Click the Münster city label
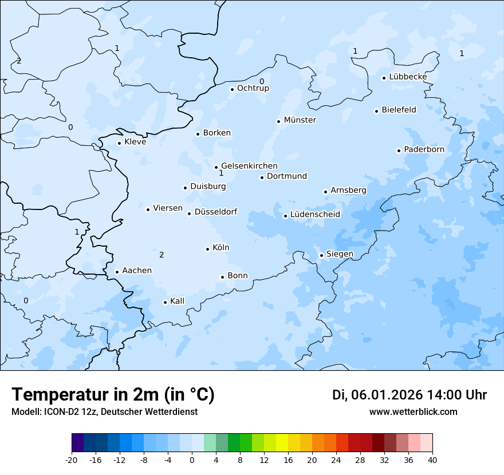tap(300, 120)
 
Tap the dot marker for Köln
tap(207, 249)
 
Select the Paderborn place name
tap(424, 149)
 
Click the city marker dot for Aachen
tap(117, 272)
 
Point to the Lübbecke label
tap(408, 77)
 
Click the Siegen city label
tap(340, 254)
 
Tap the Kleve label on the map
tap(135, 142)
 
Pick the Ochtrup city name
tap(253, 88)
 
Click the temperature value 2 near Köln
tap(162, 255)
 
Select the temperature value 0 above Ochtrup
tap(262, 81)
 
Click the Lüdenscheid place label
tap(315, 215)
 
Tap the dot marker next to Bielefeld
tap(377, 111)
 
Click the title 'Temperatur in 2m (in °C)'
tap(113, 395)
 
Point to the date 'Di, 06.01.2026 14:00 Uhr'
tap(409, 395)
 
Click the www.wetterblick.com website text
tap(413, 411)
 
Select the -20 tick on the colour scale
tap(72, 460)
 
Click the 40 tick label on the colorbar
tap(432, 460)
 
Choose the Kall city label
tap(177, 301)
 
